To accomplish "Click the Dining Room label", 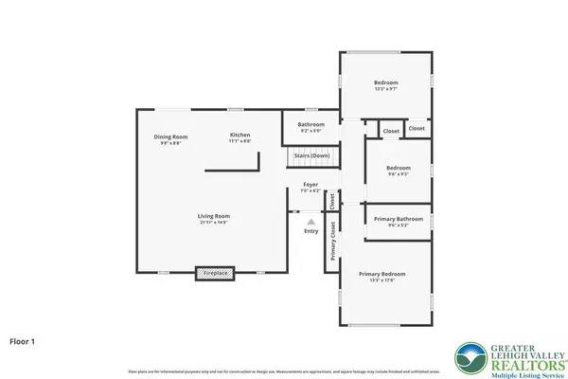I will [171, 136].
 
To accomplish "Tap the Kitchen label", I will [240, 135].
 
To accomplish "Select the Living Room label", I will [214, 216].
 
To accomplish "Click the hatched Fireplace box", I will [215, 274].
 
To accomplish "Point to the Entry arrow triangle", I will [311, 222].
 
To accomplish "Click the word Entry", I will [311, 231].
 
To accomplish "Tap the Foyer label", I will [311, 184].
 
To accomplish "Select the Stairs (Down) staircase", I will [309, 155].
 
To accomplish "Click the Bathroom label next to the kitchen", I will [311, 124].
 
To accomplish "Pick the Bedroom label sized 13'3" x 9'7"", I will [385, 82].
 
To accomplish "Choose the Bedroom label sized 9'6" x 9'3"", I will [397, 168].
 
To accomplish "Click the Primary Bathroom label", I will [398, 219].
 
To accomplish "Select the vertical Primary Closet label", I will [333, 241].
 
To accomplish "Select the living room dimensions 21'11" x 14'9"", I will [214, 223].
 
